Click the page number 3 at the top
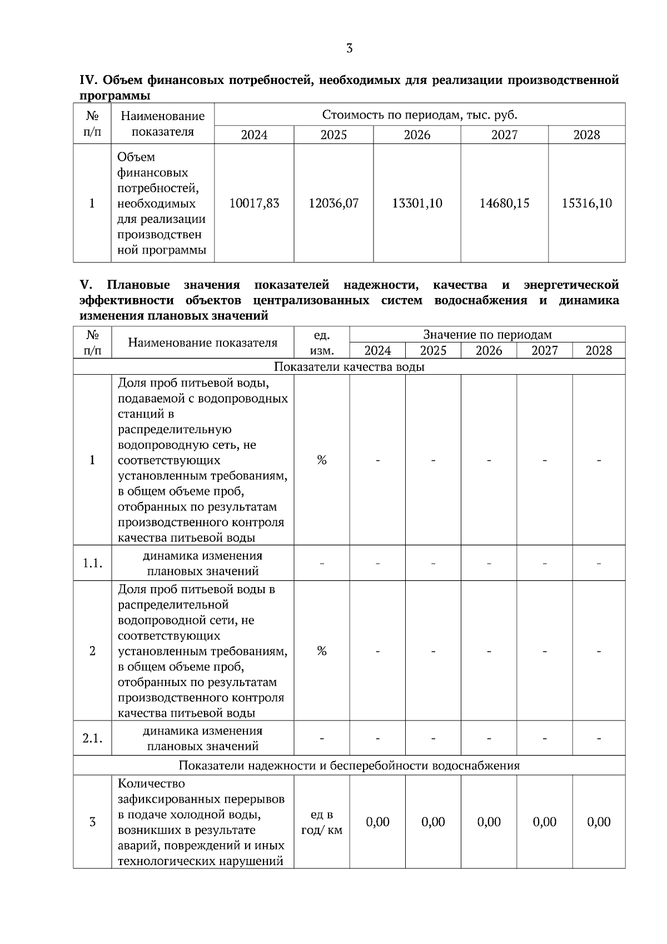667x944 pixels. point(349,48)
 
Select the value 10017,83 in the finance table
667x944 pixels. point(254,203)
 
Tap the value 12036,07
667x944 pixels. point(333,203)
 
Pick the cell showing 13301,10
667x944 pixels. point(417,203)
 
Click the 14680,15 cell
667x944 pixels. point(504,203)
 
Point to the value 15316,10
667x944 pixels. point(586,203)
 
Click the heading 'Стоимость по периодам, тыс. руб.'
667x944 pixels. point(420,115)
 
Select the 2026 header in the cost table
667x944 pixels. point(417,135)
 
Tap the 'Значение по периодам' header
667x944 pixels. point(487,335)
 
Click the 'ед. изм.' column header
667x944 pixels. point(322,343)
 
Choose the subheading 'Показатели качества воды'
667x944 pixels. point(349,367)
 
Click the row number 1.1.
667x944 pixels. point(92,563)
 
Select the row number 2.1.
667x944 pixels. point(92,738)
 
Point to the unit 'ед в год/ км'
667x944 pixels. point(322,822)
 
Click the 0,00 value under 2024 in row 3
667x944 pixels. point(377,822)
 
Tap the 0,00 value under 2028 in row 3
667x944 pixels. point(599,822)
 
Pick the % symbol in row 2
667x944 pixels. point(322,650)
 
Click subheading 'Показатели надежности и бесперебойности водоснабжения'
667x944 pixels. point(349,766)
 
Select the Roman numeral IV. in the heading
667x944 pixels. point(89,81)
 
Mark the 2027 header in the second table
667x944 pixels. point(544,351)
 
